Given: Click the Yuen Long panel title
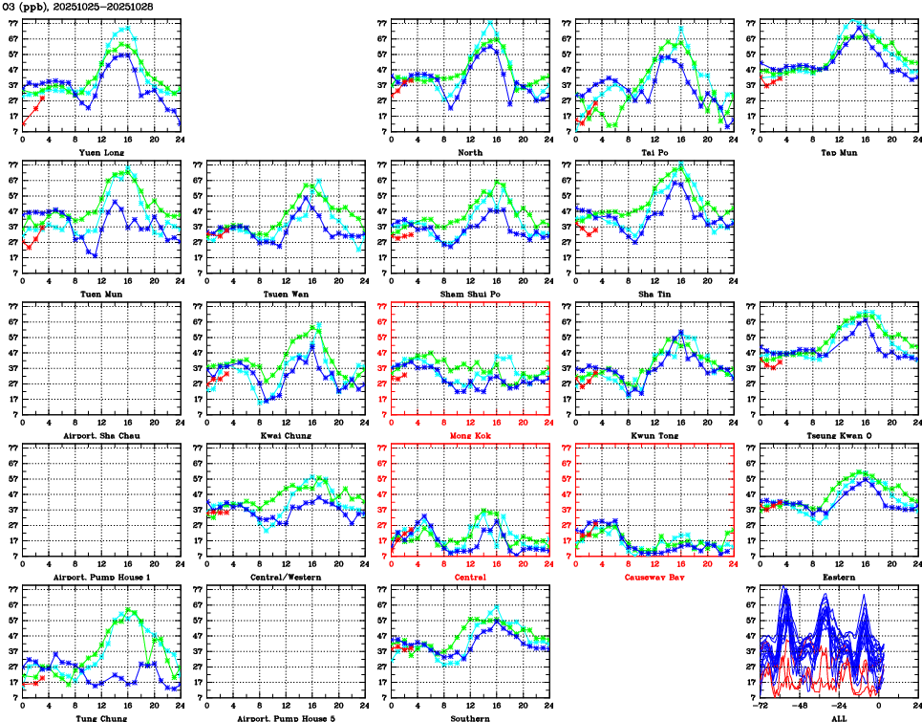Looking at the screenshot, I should tap(101, 152).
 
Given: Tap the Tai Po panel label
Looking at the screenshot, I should tap(654, 152).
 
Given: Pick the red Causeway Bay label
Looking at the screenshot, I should tap(654, 578).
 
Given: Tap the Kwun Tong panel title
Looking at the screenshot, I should tap(654, 436).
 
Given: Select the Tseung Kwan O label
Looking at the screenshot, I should tap(839, 436).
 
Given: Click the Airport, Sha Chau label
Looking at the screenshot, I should tap(101, 436).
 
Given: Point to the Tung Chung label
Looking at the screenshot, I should tap(101, 718).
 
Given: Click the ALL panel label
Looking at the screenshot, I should tap(839, 718).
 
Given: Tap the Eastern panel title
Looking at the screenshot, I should tap(839, 578).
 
